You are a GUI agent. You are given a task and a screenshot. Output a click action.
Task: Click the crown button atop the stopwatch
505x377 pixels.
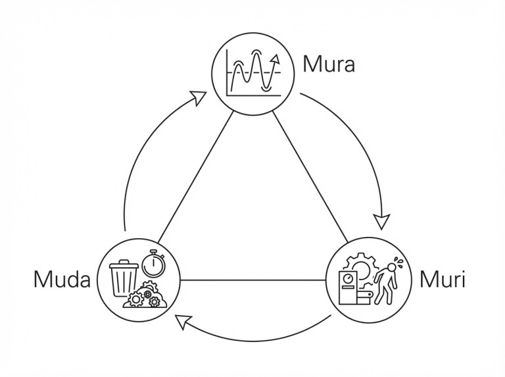click(153, 250)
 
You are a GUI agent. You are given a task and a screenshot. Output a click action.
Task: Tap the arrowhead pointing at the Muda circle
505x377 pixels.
click(183, 321)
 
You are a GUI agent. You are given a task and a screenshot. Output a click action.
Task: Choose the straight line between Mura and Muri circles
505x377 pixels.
click(309, 175)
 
